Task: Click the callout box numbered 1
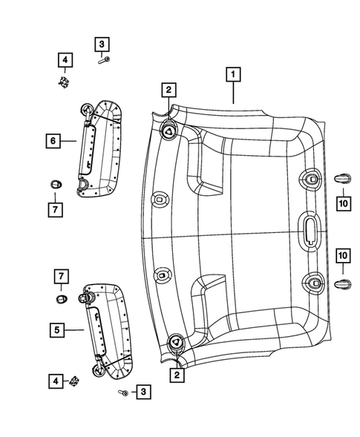(x=233, y=75)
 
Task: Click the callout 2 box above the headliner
(x=170, y=90)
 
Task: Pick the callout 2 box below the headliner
(x=177, y=375)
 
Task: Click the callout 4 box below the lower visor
(x=56, y=382)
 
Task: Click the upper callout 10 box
(x=344, y=202)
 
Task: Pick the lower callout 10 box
(x=344, y=256)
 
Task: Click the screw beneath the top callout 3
(x=105, y=60)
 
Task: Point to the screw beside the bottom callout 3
(x=124, y=391)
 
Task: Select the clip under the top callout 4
(x=65, y=80)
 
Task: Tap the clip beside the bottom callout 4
(x=75, y=382)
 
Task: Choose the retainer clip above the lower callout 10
(x=343, y=282)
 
